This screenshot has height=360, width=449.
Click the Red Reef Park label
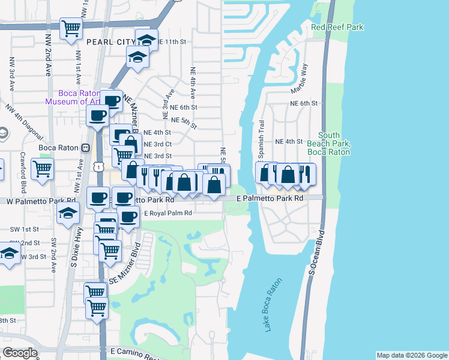coord(337,28)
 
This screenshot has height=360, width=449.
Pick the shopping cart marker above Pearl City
coord(71,27)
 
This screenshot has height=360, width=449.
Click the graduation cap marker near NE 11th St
coord(146,40)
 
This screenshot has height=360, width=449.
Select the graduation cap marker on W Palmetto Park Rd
coord(68,212)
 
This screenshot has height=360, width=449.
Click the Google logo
coord(20,353)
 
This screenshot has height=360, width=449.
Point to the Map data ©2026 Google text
coord(411,355)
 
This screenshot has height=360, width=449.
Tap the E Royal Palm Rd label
coord(167,213)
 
